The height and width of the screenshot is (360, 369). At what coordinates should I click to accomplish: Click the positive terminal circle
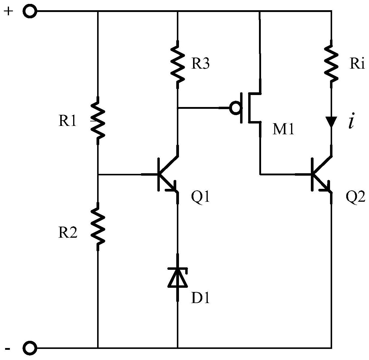[30, 11]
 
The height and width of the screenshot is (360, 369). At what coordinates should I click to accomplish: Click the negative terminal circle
[30, 348]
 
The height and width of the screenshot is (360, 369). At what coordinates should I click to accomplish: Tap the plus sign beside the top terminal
[8, 11]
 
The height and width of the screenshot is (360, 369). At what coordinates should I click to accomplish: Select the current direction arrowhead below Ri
[331, 122]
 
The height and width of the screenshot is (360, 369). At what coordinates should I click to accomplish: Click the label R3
[201, 63]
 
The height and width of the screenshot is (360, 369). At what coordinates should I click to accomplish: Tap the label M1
[283, 129]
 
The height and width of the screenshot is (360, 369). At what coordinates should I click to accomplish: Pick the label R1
[67, 120]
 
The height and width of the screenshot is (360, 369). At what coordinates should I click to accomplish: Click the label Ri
[357, 63]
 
